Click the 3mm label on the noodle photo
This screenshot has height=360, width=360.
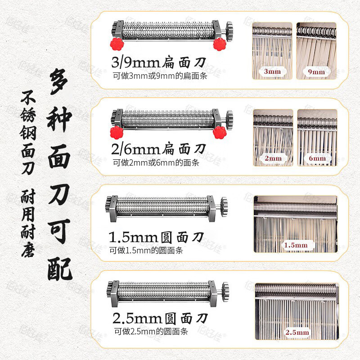(x=272, y=72)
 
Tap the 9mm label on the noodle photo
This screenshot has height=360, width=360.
(x=316, y=72)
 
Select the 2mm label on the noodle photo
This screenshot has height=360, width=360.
(x=273, y=158)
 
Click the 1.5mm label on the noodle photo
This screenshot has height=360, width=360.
(x=295, y=245)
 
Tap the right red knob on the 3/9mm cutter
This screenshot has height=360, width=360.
(x=220, y=44)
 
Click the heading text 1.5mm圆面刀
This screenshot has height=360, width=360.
(x=157, y=237)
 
